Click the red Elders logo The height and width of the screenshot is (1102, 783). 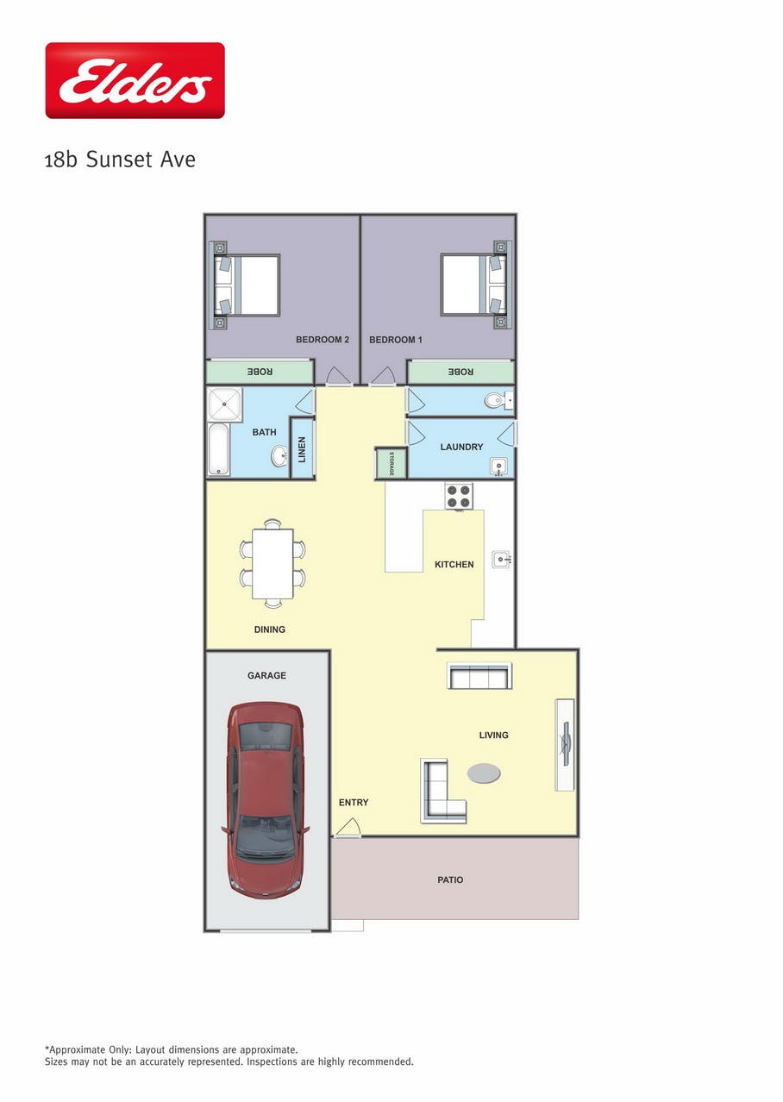pos(135,80)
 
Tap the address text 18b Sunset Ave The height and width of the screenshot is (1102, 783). pos(120,160)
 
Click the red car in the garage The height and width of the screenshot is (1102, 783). pos(266,800)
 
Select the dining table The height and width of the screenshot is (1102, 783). pos(272,563)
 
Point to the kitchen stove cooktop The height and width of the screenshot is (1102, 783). pos(459,496)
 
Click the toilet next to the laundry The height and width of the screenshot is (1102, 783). pos(498,400)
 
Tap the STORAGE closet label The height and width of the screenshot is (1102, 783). pos(391,463)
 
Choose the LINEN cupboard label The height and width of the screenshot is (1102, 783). pos(302,449)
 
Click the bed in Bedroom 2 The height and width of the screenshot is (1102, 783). pos(244,285)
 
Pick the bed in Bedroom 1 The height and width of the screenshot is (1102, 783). pos(476,285)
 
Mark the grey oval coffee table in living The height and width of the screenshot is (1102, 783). pos(484,773)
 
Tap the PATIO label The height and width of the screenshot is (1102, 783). pos(450,880)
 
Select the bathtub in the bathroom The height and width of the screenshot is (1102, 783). pos(218,449)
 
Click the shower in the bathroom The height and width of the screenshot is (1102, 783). pos(225,404)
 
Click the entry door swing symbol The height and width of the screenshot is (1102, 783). pos(348,827)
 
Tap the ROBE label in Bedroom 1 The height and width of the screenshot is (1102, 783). pos(460,372)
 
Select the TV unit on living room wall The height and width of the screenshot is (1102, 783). pos(565,744)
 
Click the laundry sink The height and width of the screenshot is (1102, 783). pos(498,466)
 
